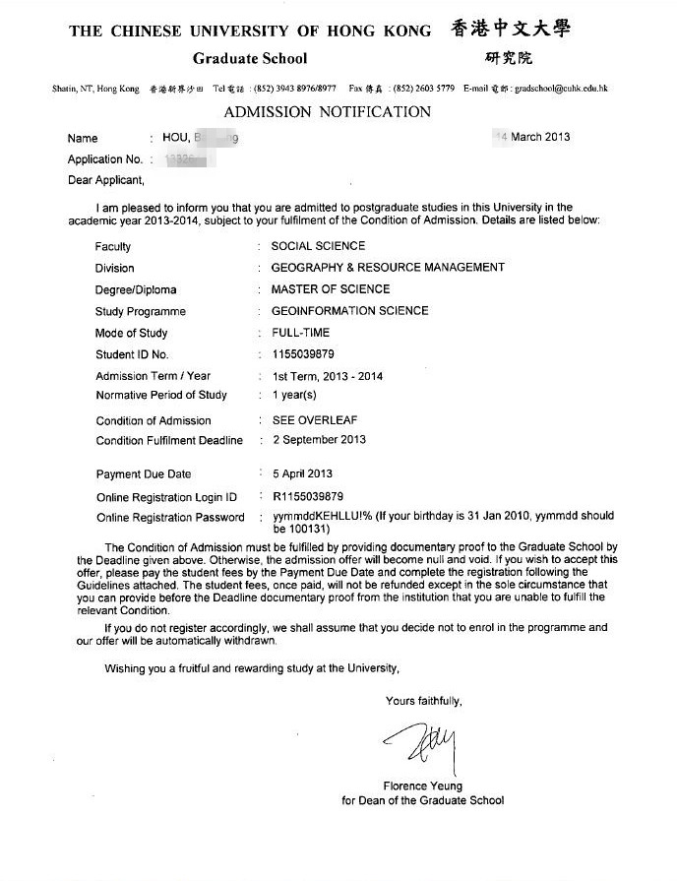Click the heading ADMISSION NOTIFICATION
coord(327,111)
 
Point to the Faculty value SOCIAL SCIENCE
coord(318,246)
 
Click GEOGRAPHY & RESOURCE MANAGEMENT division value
coord(388,268)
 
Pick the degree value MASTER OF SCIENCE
coord(331,289)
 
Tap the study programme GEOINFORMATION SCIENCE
coord(349,311)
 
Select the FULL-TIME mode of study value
coord(301,333)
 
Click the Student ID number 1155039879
coord(303,353)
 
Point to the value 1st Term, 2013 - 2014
coord(328,376)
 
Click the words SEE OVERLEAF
coord(314,420)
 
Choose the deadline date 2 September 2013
coord(319,440)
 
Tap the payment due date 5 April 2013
coord(302,473)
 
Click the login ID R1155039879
coord(307,496)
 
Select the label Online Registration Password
coord(170,518)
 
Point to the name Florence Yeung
coord(422,787)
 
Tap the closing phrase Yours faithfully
coord(423,702)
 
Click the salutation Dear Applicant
coord(105,180)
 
